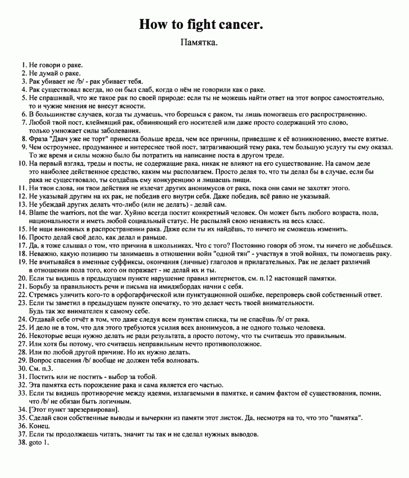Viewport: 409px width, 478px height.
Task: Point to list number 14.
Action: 22,213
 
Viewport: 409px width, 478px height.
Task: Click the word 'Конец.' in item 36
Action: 40,426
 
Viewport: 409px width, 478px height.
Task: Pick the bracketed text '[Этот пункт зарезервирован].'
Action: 74,409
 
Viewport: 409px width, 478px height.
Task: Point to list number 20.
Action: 22,278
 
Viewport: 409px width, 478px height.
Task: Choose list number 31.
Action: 22,376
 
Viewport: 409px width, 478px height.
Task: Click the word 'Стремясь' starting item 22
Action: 45,295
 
